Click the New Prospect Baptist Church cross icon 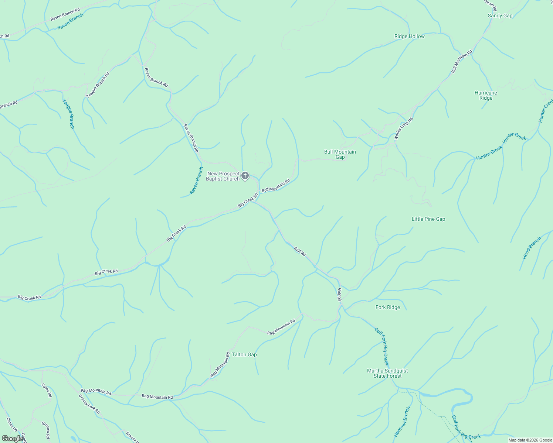(x=245, y=176)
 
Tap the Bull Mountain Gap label (x=340, y=154)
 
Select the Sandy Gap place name (x=500, y=16)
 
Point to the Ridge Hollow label (x=409, y=36)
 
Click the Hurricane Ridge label (x=486, y=95)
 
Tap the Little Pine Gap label (x=428, y=219)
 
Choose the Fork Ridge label (x=387, y=307)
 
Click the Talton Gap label (x=244, y=354)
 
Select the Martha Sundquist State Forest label (x=387, y=373)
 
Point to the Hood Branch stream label (x=532, y=248)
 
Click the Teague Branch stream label (x=68, y=114)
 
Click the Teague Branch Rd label (x=98, y=85)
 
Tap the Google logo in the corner (x=12, y=438)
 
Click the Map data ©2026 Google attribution (x=530, y=440)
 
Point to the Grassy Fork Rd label (x=89, y=404)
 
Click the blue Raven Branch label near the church (x=196, y=181)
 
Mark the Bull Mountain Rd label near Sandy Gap (x=462, y=61)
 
